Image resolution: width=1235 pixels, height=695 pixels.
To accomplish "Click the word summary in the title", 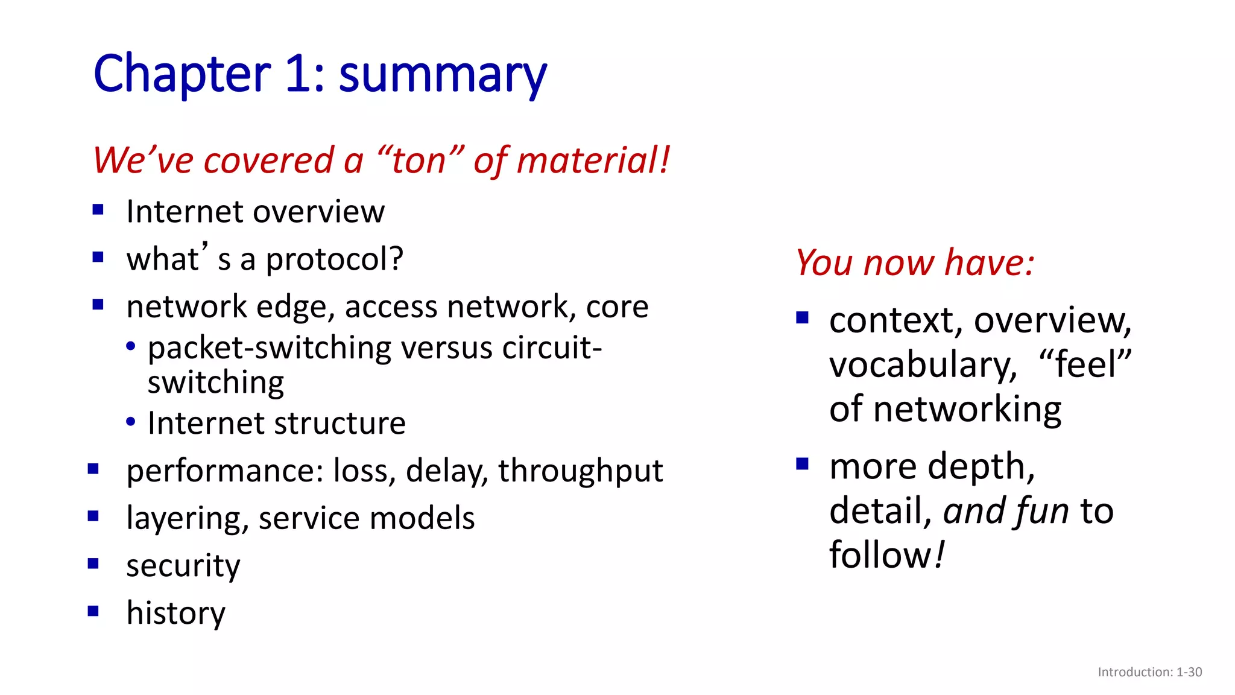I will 442,74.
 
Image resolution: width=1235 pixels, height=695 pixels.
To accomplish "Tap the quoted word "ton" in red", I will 420,160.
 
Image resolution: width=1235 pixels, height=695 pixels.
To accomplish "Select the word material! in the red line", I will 593,160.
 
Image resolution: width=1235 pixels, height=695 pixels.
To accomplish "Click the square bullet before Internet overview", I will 98,210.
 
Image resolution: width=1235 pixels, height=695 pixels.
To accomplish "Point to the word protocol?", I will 334,260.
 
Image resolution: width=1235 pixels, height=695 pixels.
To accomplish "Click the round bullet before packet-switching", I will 131,347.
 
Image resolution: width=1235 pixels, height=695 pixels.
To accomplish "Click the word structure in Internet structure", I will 341,424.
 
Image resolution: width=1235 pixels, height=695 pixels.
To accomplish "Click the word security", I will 183,566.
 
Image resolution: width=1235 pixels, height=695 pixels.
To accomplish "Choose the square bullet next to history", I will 93,611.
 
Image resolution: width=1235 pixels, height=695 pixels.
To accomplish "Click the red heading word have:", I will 990,263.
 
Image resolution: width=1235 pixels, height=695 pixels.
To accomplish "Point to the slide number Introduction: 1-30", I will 1149,672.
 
